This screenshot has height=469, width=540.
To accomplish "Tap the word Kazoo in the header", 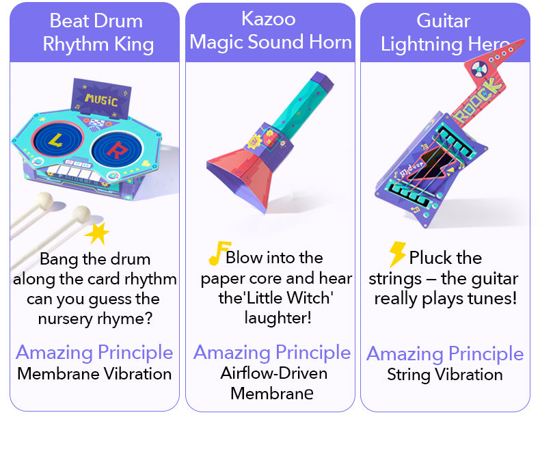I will pyautogui.click(x=269, y=18).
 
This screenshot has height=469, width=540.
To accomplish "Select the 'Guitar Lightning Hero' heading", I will pyautogui.click(x=444, y=32).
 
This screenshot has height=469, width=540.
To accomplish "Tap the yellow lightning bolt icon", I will pyautogui.click(x=397, y=254).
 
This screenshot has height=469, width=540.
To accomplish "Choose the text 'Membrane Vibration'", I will pyautogui.click(x=94, y=374).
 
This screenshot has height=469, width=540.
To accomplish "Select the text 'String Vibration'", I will pyautogui.click(x=444, y=375).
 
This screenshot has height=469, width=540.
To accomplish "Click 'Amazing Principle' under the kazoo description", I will pyautogui.click(x=271, y=353).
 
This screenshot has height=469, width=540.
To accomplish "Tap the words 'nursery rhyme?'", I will pyautogui.click(x=94, y=319).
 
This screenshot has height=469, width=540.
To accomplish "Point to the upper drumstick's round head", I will pyautogui.click(x=45, y=200).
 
